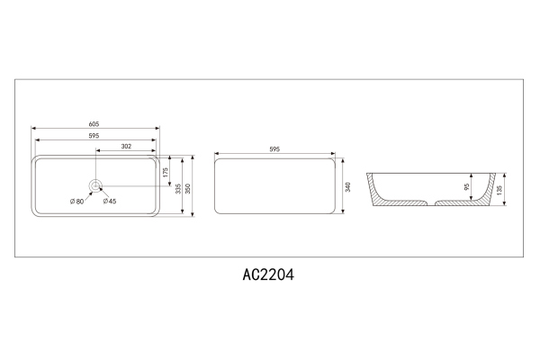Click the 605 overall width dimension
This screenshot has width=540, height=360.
(x=94, y=123)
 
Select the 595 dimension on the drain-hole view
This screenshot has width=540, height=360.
(x=94, y=136)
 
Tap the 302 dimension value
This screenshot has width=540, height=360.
(x=126, y=146)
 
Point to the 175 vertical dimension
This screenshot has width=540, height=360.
(x=166, y=170)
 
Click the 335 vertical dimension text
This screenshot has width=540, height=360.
(x=178, y=187)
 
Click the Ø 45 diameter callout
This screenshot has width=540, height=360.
(x=109, y=201)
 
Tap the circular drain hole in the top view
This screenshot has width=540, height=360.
(x=95, y=185)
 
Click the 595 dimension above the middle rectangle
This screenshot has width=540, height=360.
(x=275, y=149)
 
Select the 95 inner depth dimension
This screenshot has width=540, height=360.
(x=467, y=187)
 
